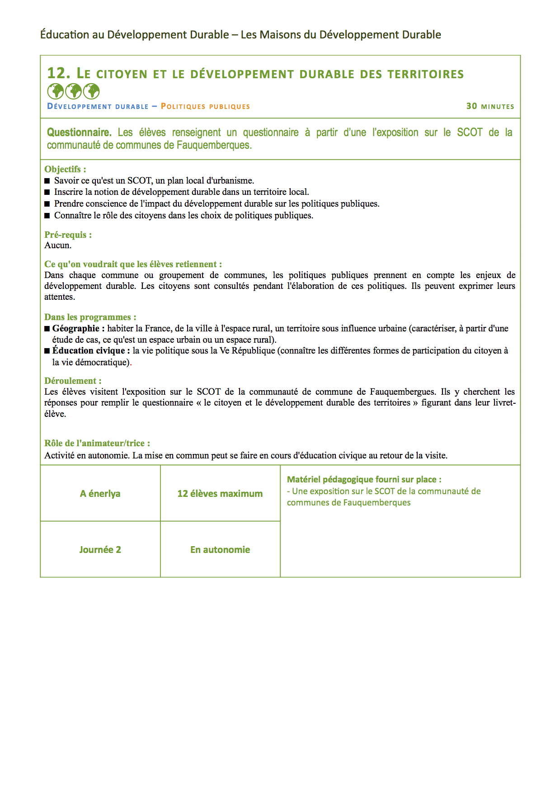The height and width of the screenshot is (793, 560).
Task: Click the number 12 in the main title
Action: tap(57, 73)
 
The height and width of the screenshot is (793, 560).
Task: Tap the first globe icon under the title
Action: tap(55, 91)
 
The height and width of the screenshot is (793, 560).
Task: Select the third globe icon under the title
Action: tap(91, 91)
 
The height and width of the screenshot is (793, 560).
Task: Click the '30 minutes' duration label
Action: tap(490, 106)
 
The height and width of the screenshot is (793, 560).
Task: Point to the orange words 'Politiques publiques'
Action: tap(205, 107)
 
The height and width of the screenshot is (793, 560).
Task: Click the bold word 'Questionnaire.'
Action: tap(79, 132)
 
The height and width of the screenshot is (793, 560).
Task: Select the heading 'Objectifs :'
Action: tap(65, 170)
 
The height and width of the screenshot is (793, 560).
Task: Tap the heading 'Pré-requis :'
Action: tap(68, 235)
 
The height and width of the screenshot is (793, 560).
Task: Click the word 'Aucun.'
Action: tap(58, 245)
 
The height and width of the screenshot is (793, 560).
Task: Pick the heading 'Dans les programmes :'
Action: tap(90, 317)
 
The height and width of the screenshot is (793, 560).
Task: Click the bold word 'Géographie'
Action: tap(76, 329)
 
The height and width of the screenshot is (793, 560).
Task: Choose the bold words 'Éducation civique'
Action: tap(89, 351)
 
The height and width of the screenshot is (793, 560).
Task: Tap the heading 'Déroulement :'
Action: tap(73, 381)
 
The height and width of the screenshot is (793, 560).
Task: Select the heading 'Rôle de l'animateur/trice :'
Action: tap(97, 444)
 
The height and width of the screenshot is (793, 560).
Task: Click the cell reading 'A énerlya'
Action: tap(100, 494)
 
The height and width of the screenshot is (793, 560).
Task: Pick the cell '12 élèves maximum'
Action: tap(220, 494)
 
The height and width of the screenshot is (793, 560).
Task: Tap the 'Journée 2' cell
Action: tap(100, 550)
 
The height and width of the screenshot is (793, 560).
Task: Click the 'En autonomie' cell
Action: tap(220, 550)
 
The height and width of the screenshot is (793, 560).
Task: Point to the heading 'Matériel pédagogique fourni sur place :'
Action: tap(364, 480)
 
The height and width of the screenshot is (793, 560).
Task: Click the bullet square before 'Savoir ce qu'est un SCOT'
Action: tap(47, 181)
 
